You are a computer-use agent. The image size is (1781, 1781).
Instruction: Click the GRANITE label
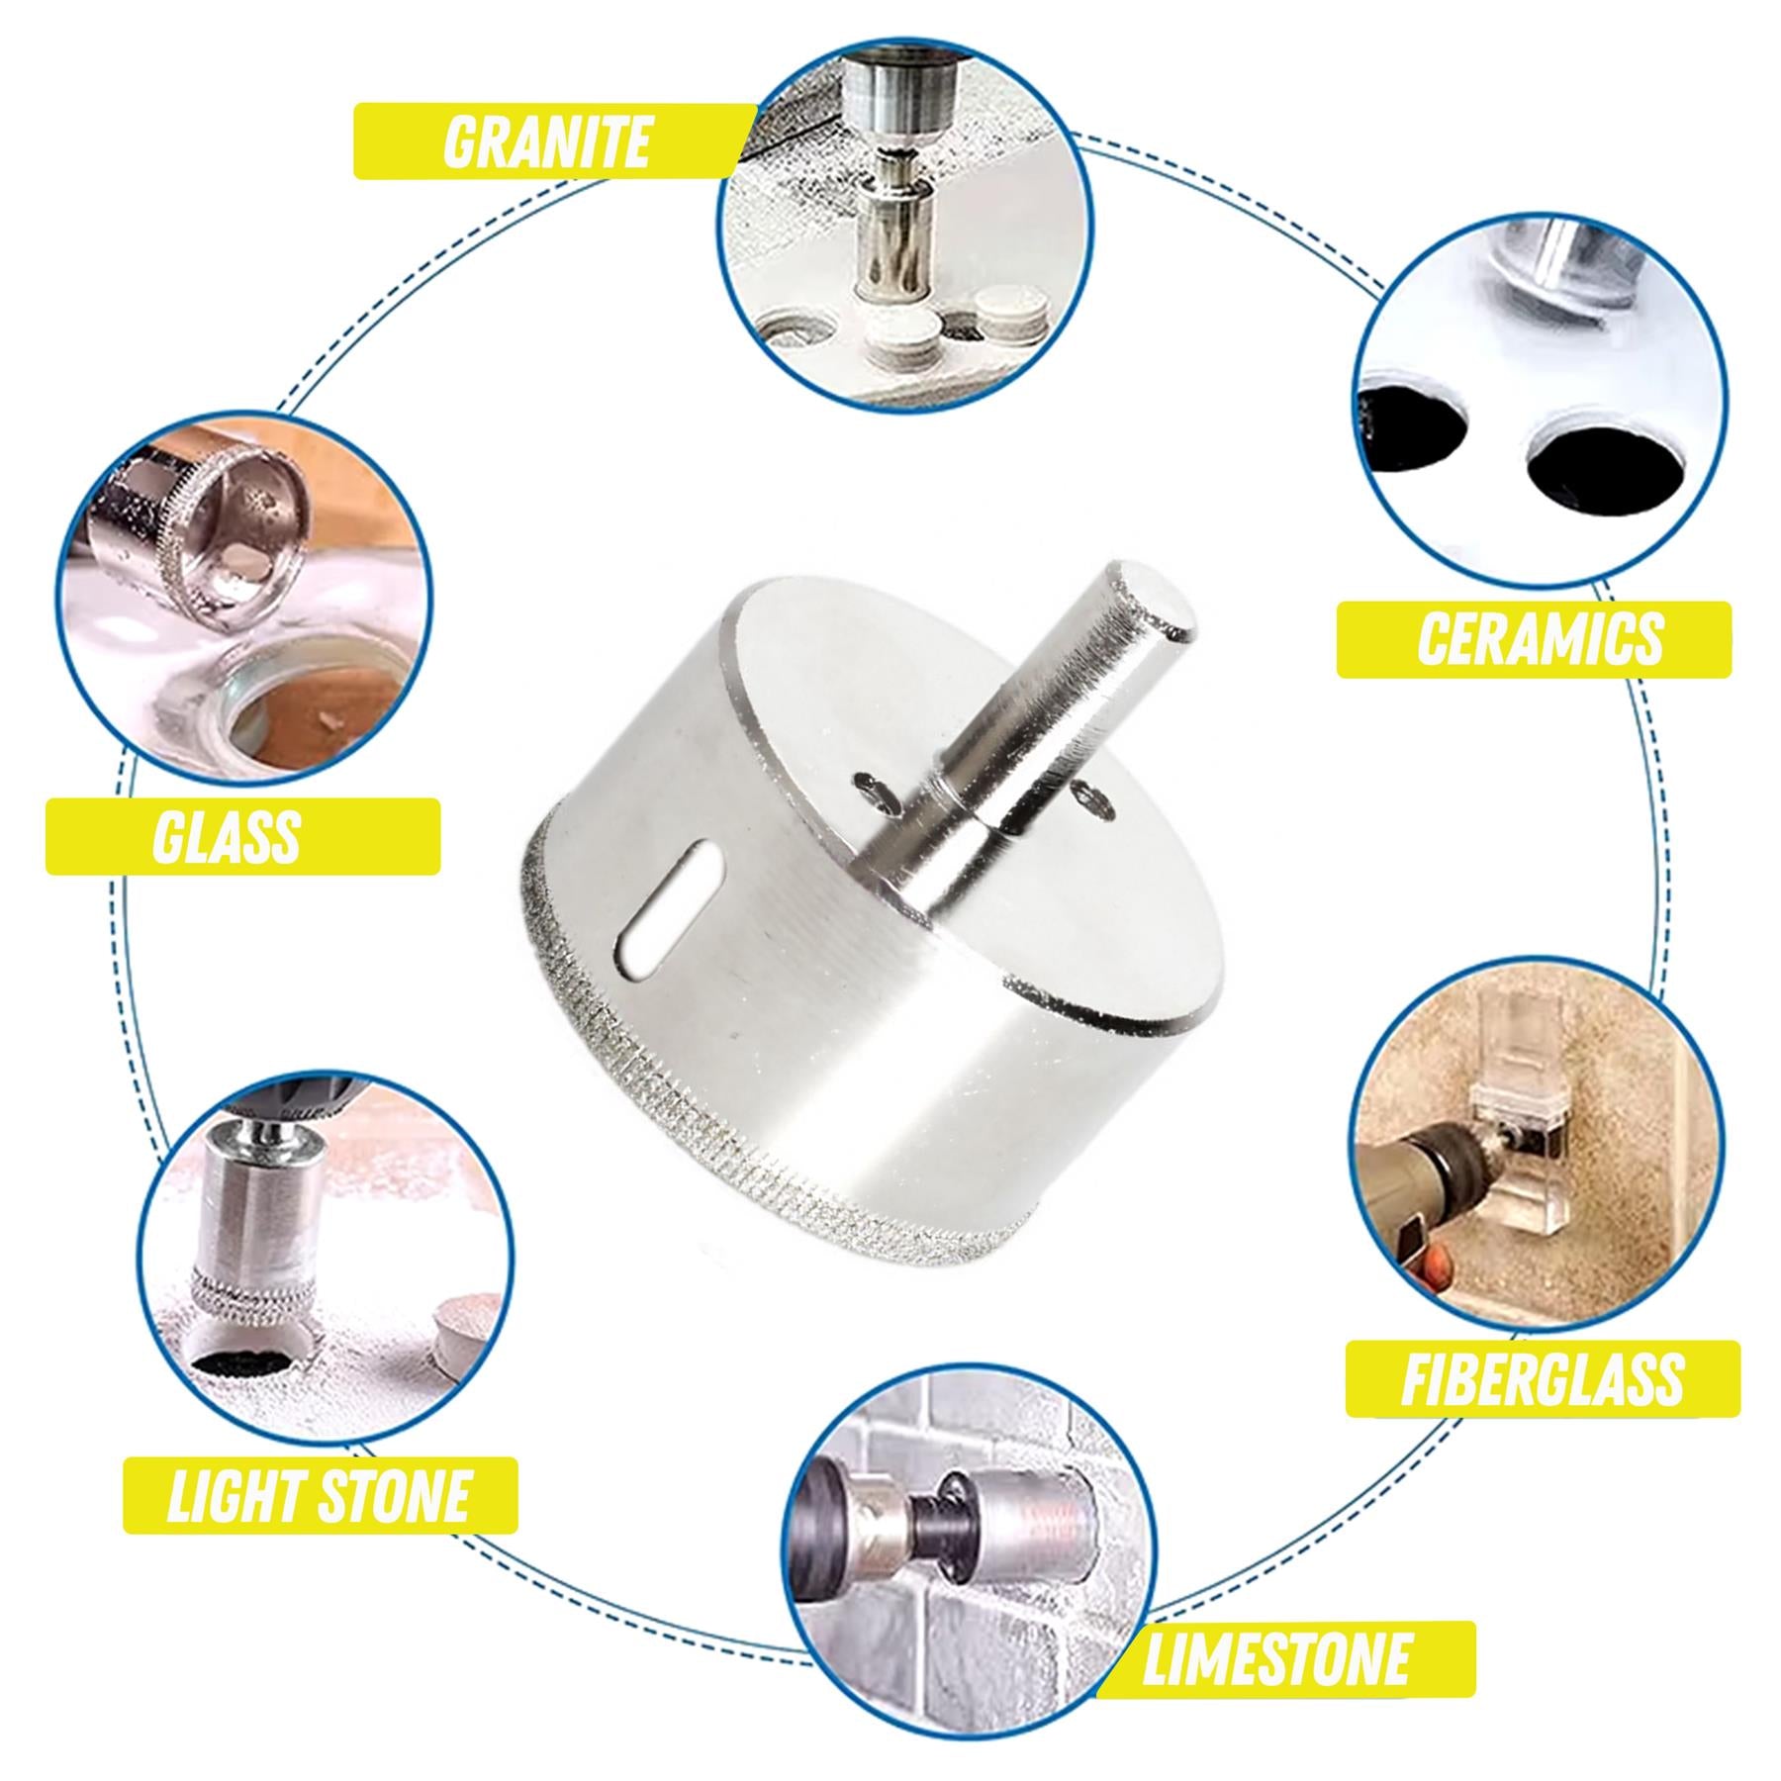pyautogui.click(x=546, y=141)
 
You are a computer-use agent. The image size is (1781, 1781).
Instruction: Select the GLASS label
pyautogui.click(x=228, y=836)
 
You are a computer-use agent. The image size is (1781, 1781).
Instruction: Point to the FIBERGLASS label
pyautogui.click(x=1541, y=1378)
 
